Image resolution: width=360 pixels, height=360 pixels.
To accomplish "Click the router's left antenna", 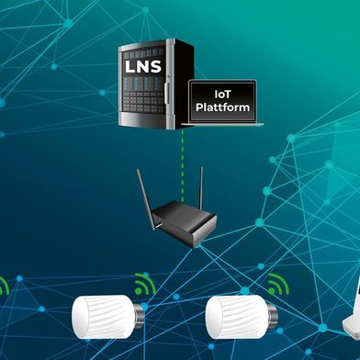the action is (141, 188).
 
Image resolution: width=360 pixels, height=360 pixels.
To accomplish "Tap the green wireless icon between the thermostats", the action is (144, 284).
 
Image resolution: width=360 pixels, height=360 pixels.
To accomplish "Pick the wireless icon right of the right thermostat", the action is (276, 284).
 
